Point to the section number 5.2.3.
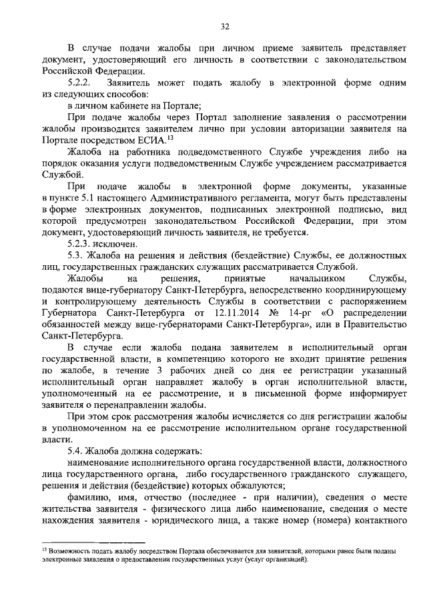click(81, 244)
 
